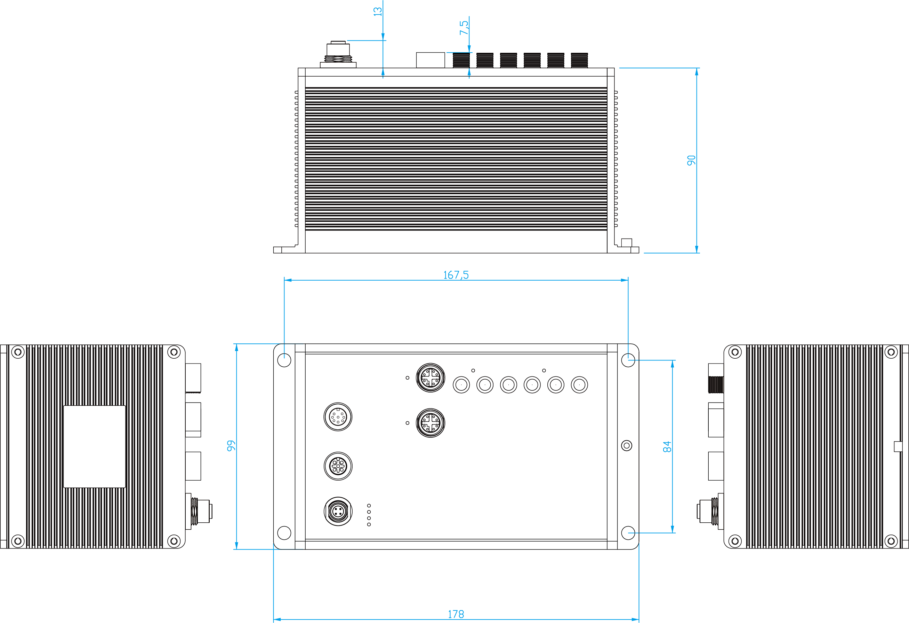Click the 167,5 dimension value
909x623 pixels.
point(456,275)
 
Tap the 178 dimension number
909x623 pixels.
point(456,614)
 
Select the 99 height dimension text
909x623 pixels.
point(231,446)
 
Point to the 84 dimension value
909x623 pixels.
point(667,446)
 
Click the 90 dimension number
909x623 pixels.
point(691,160)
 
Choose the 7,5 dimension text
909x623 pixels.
point(464,28)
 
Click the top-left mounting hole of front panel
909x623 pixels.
point(284,360)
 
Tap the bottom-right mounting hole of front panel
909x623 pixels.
point(628,532)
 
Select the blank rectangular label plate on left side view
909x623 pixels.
point(94,446)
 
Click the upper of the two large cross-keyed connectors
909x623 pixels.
point(430,377)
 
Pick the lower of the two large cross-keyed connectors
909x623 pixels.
point(430,423)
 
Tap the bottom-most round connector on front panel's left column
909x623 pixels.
point(338,511)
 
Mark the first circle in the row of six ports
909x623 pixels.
point(461,384)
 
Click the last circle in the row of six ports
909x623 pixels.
point(579,384)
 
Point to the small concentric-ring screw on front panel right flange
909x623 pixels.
point(627,446)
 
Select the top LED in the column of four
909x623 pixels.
point(369,506)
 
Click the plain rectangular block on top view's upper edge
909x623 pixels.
point(430,60)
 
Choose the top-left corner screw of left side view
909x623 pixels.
point(18,352)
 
